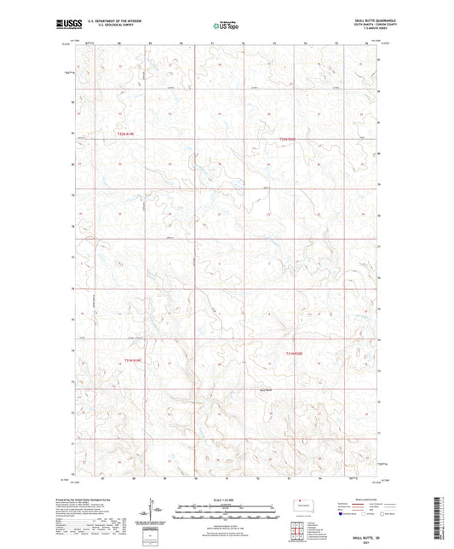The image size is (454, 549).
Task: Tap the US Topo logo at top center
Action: pyautogui.click(x=226, y=26)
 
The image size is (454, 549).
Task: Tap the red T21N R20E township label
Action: pyautogui.click(x=295, y=353)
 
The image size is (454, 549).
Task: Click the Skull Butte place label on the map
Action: pyautogui.click(x=267, y=390)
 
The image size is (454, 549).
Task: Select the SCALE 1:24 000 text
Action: pyautogui.click(x=226, y=499)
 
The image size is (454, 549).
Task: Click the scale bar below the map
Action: pyautogui.click(x=226, y=510)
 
